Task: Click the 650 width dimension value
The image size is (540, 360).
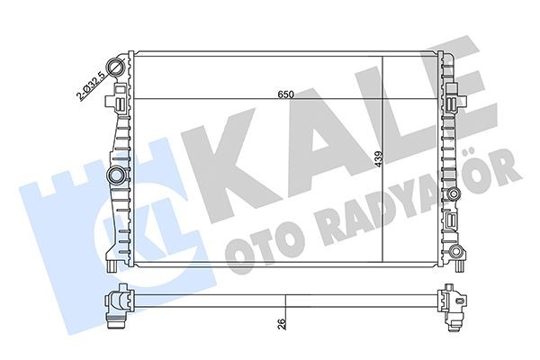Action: [285, 93]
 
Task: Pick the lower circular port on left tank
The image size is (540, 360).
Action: [115, 173]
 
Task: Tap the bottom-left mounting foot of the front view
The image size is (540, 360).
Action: [110, 265]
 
